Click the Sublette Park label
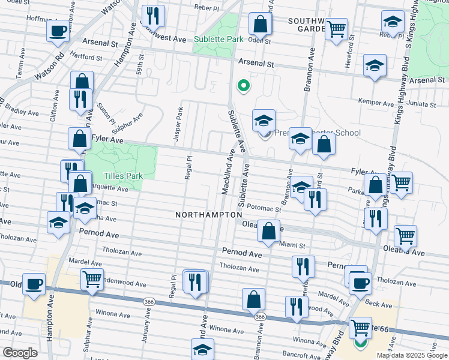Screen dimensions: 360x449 pyautogui.click(x=218, y=39)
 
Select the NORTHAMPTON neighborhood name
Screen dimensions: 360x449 pyautogui.click(x=208, y=214)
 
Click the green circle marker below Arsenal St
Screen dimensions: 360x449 pyautogui.click(x=243, y=86)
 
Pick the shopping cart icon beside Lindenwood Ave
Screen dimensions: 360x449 pyautogui.click(x=92, y=278)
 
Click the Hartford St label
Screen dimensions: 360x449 pyautogui.click(x=86, y=58)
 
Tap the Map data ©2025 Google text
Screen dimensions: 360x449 pyautogui.click(x=411, y=355)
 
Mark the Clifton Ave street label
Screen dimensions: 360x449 pyautogui.click(x=54, y=106)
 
